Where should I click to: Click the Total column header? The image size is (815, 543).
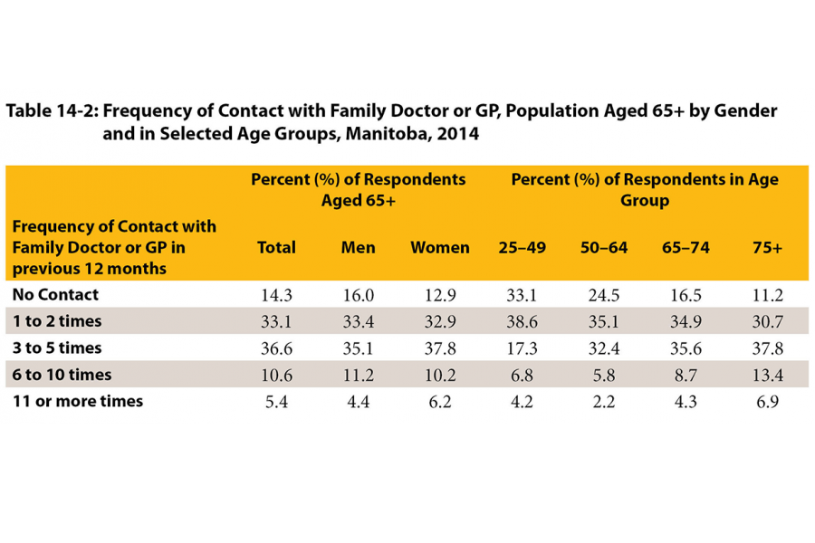coord(276,248)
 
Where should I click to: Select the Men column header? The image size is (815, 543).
coord(358,248)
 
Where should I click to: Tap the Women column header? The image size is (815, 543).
coord(440,248)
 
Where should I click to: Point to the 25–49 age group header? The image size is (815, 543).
coord(522,248)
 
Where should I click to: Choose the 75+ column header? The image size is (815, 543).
coord(766,248)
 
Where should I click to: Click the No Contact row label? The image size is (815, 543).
coord(55,294)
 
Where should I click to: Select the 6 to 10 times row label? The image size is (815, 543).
coord(62,374)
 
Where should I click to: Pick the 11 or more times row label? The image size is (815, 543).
coord(77,400)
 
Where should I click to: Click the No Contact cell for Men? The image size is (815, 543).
coord(358,295)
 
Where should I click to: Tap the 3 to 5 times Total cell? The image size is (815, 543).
coord(276,348)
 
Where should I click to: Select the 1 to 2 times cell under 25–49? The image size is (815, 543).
coord(522,321)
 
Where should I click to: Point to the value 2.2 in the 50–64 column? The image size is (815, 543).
coord(603,401)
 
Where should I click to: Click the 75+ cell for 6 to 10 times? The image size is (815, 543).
coord(766,375)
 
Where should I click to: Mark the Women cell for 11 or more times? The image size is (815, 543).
coord(440,401)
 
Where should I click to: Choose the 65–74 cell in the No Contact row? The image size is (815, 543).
coord(685,295)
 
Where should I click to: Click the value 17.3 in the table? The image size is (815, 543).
coord(522,348)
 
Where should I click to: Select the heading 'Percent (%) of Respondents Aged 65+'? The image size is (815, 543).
coord(358,189)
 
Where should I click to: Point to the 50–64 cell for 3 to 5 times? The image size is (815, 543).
coord(603,348)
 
